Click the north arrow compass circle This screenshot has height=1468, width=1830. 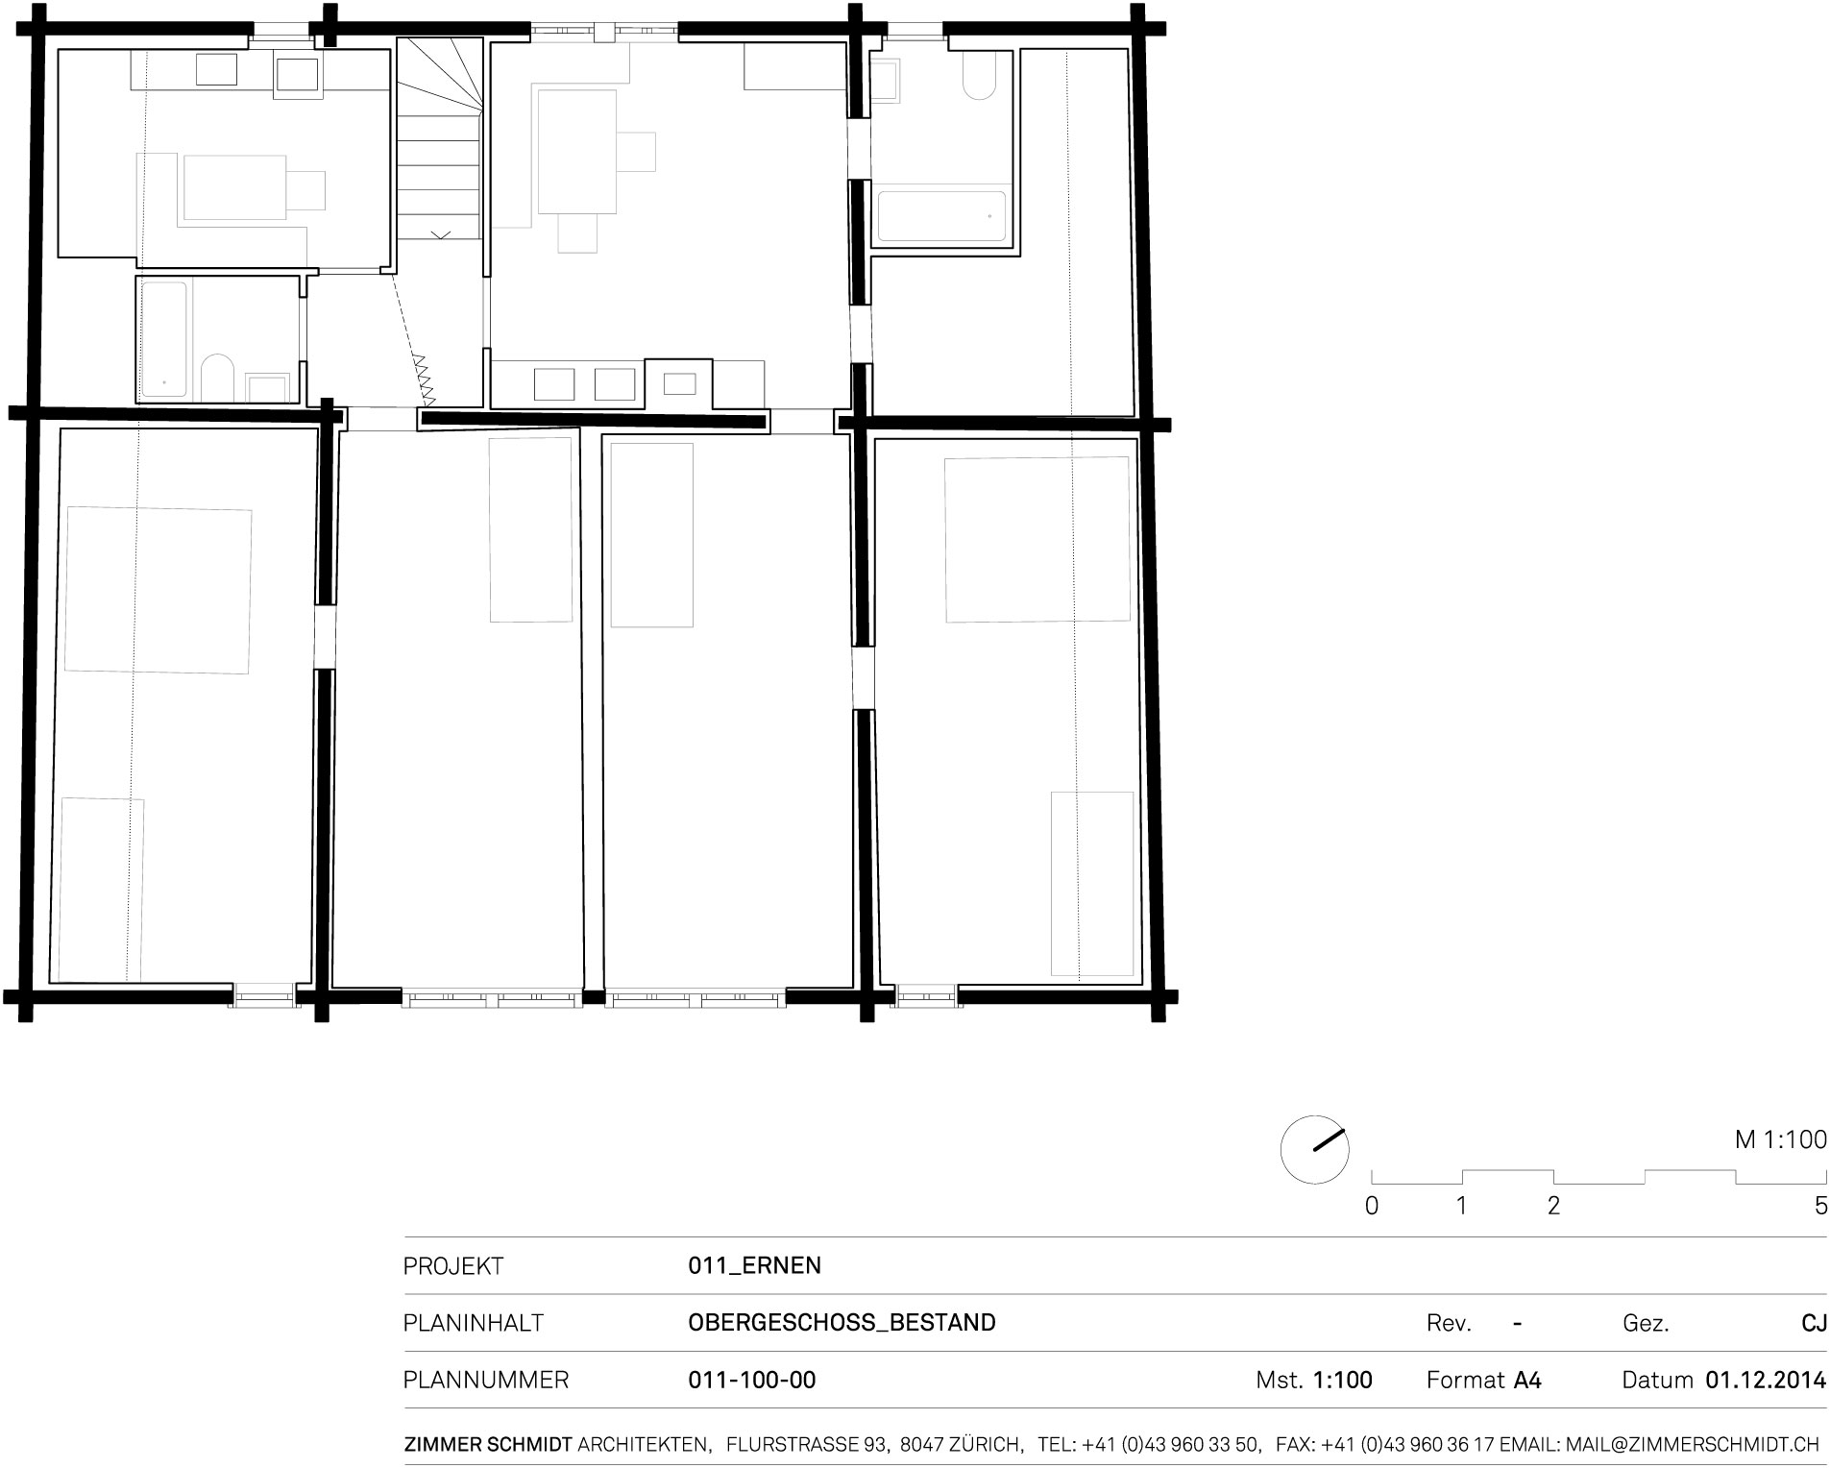1314,1150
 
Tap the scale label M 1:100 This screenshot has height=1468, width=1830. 1780,1139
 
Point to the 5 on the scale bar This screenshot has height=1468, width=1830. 1820,1206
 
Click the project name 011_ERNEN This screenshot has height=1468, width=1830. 754,1265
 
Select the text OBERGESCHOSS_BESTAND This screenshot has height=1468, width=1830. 842,1323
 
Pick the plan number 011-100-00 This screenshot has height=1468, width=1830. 751,1381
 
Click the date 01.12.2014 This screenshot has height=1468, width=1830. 1766,1381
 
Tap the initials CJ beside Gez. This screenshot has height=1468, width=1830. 1814,1323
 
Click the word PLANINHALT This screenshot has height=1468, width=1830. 473,1323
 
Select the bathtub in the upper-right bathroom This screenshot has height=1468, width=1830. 941,217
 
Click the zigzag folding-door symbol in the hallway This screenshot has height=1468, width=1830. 424,379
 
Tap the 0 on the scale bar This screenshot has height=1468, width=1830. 1372,1206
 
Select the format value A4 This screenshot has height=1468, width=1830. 1527,1381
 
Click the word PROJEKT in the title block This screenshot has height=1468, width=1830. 452,1265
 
